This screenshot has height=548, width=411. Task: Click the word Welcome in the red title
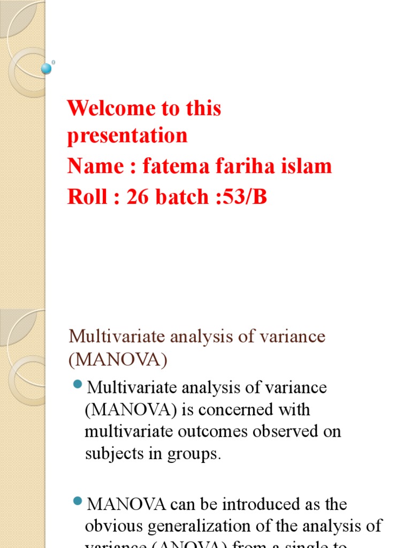(109, 109)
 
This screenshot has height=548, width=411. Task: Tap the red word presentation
(127, 135)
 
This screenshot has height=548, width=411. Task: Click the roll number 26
(138, 197)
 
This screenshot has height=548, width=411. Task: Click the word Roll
(86, 197)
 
